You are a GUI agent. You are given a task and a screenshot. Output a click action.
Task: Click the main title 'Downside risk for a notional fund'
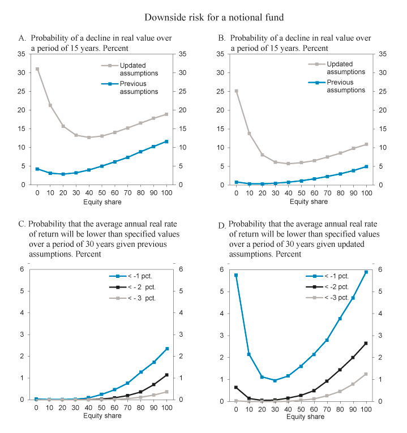pos(203,17)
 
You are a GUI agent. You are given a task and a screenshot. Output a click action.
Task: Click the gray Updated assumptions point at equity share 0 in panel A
pos(37,69)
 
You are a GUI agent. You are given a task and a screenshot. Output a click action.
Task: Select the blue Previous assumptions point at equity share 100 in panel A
pos(166,142)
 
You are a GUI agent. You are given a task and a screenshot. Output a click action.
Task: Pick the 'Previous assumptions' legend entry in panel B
pos(345,86)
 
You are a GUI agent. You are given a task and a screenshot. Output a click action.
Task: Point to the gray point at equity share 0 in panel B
pos(236,91)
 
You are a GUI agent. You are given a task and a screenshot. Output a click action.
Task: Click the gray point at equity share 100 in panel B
pos(366,144)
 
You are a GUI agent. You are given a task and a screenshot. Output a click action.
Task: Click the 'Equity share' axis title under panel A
pos(101,202)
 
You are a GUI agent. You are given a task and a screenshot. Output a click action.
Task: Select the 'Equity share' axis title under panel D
pos(301,417)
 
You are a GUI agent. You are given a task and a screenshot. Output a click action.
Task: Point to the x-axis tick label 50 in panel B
pos(301,194)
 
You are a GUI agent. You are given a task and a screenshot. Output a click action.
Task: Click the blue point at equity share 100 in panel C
pos(166,349)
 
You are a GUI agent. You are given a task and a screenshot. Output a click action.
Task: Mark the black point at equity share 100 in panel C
pos(166,375)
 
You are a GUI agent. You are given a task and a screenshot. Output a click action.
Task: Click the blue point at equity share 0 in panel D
pos(236,275)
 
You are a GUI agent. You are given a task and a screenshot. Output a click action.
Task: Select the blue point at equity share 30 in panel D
pos(275,380)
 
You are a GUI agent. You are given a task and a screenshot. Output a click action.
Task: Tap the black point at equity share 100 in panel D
pos(366,344)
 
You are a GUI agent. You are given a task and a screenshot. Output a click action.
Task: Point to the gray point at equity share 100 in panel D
pos(366,374)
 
